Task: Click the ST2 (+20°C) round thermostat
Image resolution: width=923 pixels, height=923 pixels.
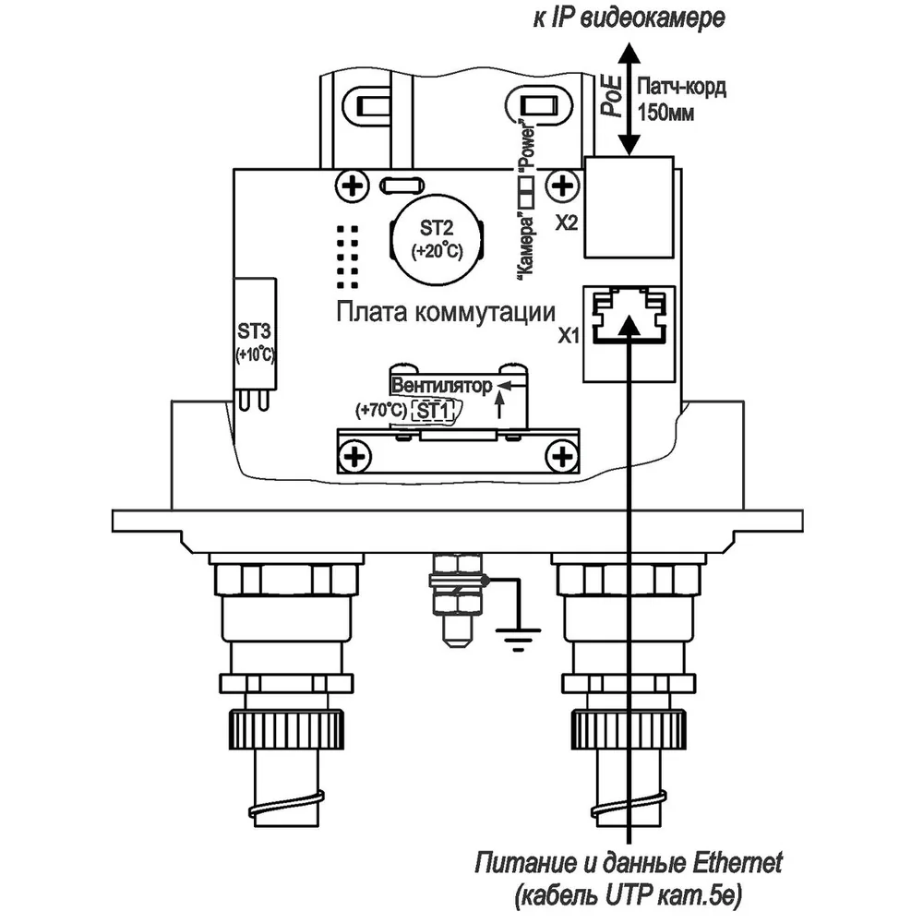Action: click(437, 240)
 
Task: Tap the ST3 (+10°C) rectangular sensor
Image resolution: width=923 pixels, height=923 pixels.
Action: click(255, 333)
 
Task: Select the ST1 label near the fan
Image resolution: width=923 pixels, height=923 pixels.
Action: click(433, 411)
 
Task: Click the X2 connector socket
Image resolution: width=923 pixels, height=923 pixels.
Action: click(629, 207)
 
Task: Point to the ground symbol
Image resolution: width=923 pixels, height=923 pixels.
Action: click(518, 640)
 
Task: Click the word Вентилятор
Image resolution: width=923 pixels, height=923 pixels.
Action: click(441, 386)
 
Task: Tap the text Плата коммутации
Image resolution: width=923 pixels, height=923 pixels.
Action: click(446, 312)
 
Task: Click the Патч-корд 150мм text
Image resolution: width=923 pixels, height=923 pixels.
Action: click(682, 99)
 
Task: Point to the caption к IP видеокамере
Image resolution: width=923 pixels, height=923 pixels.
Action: click(629, 18)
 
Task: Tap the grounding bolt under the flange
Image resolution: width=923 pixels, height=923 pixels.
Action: click(457, 600)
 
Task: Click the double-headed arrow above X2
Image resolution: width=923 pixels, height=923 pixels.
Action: click(629, 99)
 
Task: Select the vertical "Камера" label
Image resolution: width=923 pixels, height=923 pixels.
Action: click(526, 245)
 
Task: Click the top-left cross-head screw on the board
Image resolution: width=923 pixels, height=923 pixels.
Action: click(352, 186)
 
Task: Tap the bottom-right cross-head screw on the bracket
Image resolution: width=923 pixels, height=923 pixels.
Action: click(562, 456)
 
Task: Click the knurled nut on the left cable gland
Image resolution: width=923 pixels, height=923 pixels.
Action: click(286, 729)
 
